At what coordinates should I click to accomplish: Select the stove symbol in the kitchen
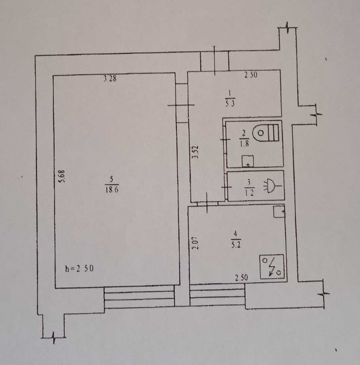[x=272, y=266]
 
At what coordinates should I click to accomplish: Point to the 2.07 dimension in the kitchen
[x=194, y=243]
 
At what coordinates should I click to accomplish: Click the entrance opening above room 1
[x=215, y=61]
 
